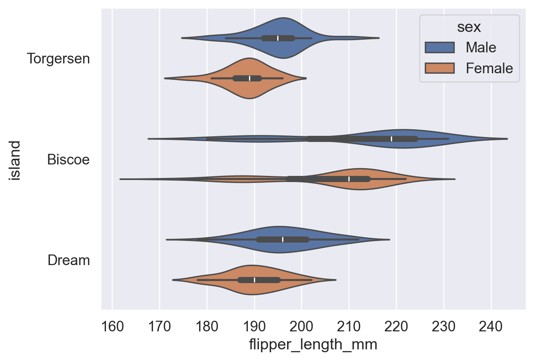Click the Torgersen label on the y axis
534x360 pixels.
58,59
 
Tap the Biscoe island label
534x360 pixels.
68,159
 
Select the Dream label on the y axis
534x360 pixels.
69,260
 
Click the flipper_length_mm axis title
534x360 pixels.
313,344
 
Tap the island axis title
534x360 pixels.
16,160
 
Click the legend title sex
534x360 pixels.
469,27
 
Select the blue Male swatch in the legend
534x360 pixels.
440,47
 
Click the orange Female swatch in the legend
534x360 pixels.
440,68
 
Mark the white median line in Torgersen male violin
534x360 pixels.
278,38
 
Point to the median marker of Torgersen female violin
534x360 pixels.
249,78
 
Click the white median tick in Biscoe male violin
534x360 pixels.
391,139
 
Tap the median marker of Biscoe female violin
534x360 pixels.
349,179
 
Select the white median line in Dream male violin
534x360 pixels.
283,239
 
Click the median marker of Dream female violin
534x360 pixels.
254,280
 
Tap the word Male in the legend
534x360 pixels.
481,47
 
